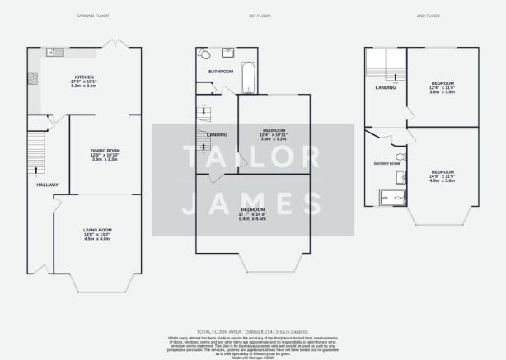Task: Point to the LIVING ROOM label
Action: (x=97, y=230)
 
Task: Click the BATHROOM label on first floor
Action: (x=221, y=72)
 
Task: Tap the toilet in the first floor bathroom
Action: (x=204, y=54)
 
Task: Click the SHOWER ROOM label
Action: (x=387, y=163)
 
